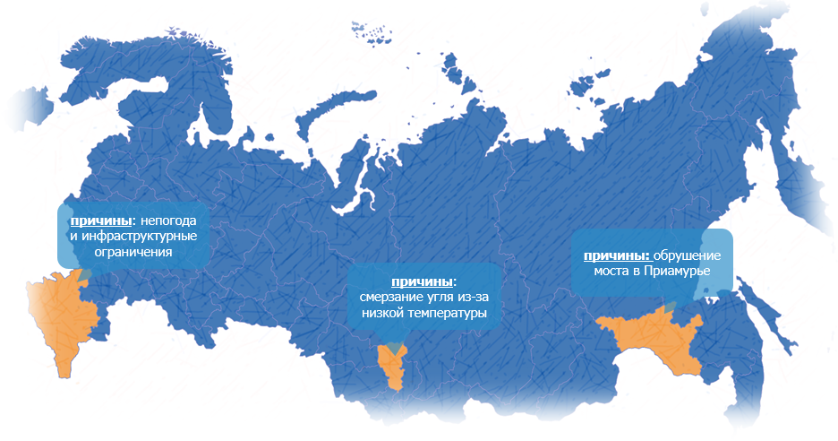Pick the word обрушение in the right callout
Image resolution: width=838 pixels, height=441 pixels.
pos(686,255)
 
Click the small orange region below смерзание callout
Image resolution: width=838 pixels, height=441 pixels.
pos(392,363)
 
